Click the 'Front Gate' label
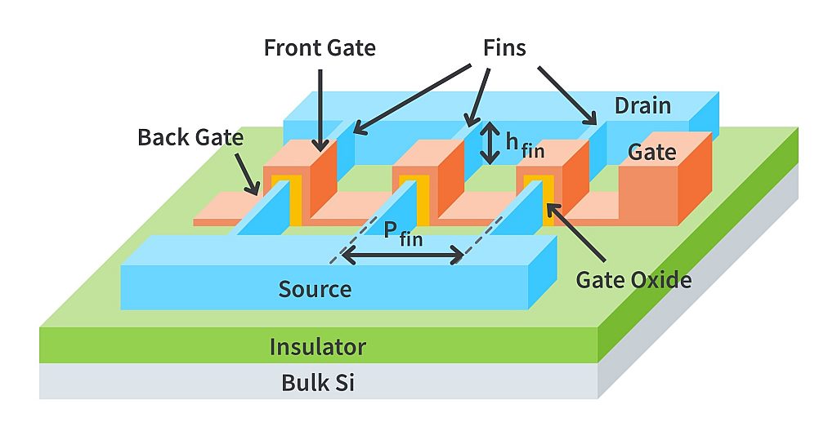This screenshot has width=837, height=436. coord(320,47)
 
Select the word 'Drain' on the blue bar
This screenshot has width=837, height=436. coord(642,105)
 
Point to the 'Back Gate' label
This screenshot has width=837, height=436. coord(190,137)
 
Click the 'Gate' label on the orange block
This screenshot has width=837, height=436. coord(651,152)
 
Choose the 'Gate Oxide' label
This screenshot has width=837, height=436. coord(633,279)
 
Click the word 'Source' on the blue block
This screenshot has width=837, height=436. coord(315,288)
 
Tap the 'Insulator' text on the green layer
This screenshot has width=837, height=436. coord(317,347)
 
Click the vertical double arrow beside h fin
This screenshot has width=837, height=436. coord(490,143)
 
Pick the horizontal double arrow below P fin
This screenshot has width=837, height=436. coord(403,256)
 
